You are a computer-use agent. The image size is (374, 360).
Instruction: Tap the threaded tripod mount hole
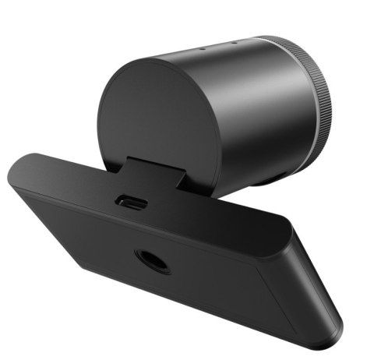pos(153,261)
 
